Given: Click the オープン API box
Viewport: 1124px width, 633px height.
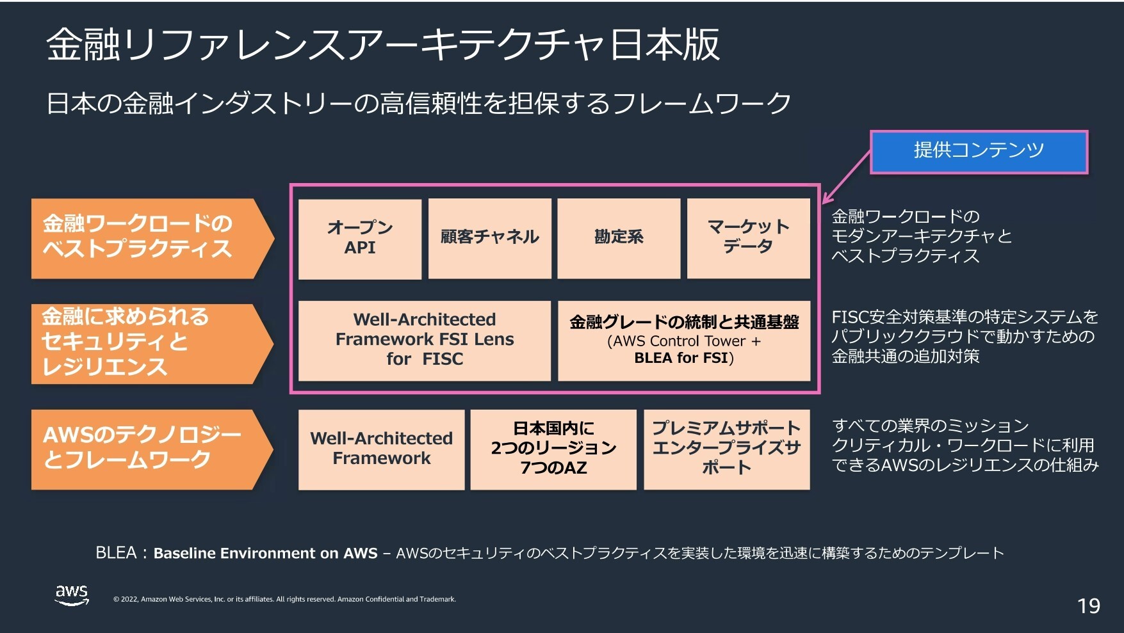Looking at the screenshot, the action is point(360,239).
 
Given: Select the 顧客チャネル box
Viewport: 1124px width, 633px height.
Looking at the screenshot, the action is point(490,239).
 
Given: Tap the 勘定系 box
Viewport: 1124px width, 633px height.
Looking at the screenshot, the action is point(619,239).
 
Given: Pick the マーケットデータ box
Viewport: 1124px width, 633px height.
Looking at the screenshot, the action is point(748,239).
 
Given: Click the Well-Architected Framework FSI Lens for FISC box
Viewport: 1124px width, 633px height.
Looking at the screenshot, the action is point(425,341).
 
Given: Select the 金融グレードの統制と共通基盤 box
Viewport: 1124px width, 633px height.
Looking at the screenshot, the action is point(684,341).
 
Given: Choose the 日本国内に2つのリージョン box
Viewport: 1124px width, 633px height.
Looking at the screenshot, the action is point(553,449).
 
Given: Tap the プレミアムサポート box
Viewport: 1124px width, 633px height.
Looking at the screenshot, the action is point(727,449).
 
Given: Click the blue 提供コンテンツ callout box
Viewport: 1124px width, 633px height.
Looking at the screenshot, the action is point(979,152).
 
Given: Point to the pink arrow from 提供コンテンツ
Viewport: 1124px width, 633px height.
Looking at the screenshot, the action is point(846,177).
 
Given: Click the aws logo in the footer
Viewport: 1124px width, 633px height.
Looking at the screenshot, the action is point(72,595).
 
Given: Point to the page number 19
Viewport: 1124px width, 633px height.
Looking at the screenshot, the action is point(1089,605).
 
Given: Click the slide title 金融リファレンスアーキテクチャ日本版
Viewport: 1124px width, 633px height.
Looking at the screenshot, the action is point(383,45).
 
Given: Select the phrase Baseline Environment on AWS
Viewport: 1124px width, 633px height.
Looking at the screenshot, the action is point(265,553).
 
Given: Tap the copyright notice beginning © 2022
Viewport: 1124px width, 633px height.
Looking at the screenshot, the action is point(284,599).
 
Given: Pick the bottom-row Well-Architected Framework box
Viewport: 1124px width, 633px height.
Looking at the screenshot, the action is point(382,449).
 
